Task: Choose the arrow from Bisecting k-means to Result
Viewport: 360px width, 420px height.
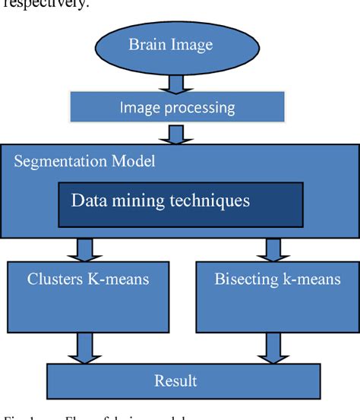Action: coord(270,346)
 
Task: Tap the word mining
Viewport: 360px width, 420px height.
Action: coord(134,201)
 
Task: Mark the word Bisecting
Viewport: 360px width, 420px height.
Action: coord(245,279)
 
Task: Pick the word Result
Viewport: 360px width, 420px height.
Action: coord(175,381)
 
